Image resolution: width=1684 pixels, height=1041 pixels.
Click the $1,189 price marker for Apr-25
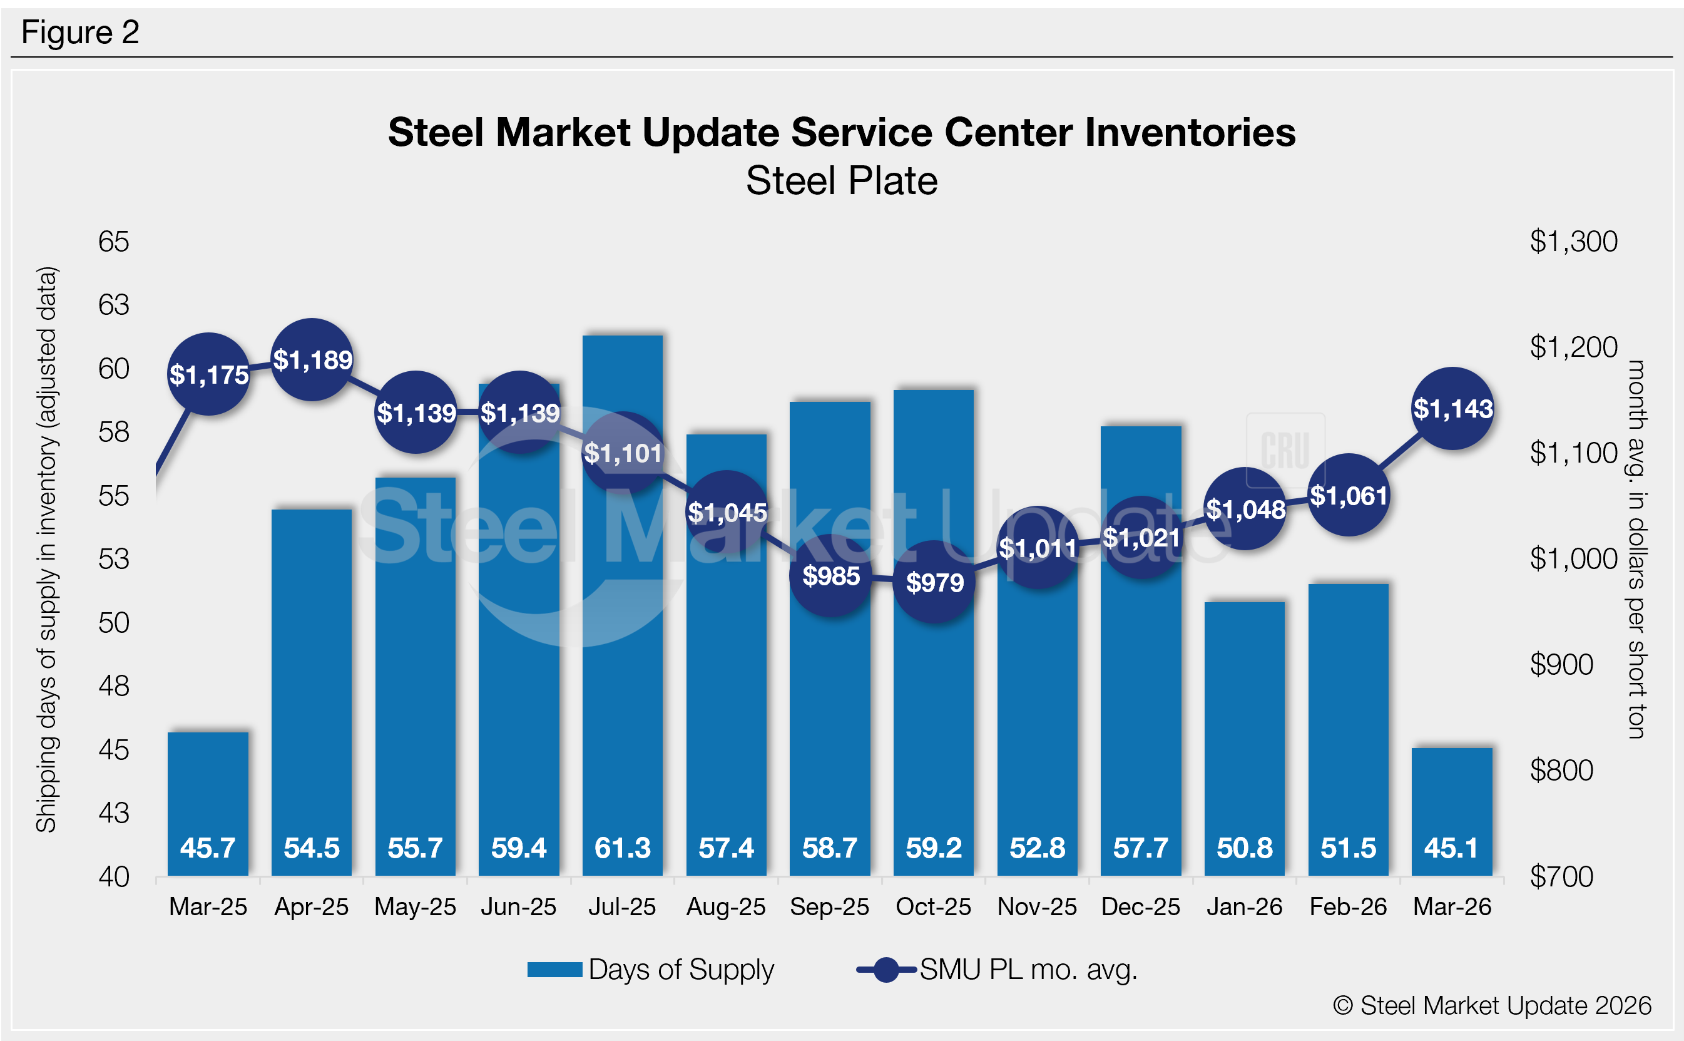click(x=312, y=359)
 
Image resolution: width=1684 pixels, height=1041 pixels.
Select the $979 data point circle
click(x=934, y=582)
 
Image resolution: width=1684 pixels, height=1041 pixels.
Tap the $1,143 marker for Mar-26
click(x=1452, y=409)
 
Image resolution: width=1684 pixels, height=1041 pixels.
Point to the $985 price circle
click(x=830, y=575)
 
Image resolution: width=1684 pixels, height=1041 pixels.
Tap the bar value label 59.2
click(x=934, y=848)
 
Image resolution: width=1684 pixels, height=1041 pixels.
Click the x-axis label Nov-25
click(x=1037, y=907)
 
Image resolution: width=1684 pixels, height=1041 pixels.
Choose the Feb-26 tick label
click(x=1348, y=907)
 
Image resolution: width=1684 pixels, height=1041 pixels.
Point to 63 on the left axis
click(x=113, y=305)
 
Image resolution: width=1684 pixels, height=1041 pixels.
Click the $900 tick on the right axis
click(x=1561, y=664)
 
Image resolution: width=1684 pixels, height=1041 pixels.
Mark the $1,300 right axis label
click(x=1573, y=242)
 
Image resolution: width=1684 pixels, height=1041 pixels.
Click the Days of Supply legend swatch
click(x=554, y=970)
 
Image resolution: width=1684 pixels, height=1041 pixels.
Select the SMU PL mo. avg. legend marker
click(x=886, y=970)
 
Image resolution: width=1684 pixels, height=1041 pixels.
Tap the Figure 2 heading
click(x=81, y=33)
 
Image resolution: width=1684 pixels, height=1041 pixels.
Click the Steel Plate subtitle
click(x=842, y=181)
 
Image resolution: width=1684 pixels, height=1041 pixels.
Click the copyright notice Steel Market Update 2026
click(x=1492, y=1006)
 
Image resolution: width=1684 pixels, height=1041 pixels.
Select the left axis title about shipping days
click(x=47, y=550)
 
